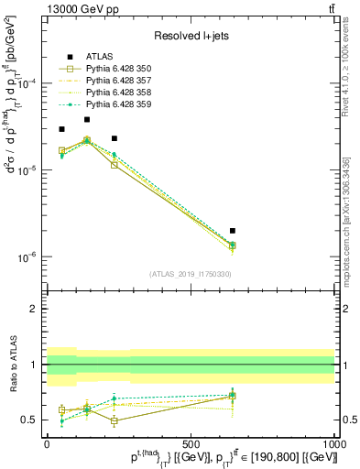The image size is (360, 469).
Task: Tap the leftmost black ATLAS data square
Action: click(x=61, y=129)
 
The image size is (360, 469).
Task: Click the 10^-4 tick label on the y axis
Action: click(x=27, y=83)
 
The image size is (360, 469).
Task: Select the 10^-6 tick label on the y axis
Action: click(x=27, y=257)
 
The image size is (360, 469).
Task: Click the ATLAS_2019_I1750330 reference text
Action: click(x=191, y=274)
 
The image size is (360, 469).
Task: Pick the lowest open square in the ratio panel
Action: click(x=114, y=421)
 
